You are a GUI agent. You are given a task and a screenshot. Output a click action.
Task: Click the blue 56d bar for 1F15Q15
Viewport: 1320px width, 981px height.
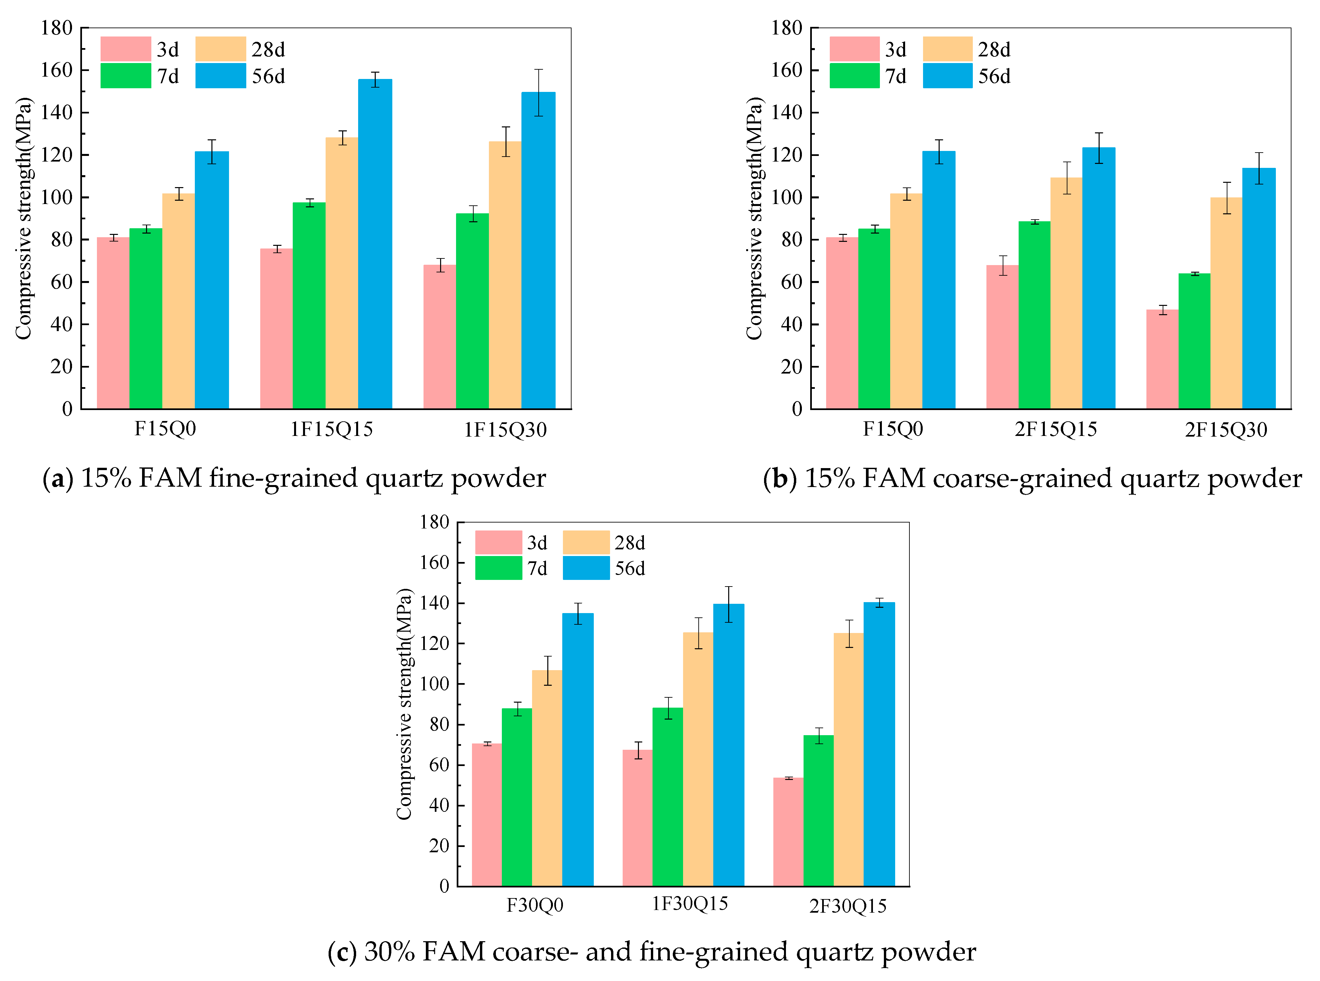pyautogui.click(x=375, y=244)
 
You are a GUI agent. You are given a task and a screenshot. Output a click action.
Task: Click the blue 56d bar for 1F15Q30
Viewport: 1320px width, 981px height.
pyautogui.click(x=538, y=249)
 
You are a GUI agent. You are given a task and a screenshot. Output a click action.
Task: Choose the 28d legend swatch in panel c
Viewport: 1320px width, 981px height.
pyautogui.click(x=586, y=542)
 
